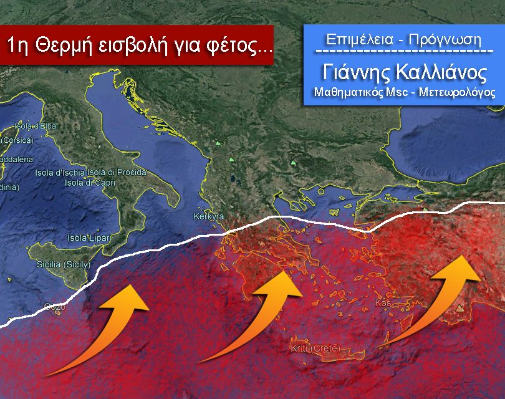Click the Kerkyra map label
point(208,217)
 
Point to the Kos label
point(382,304)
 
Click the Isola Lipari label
point(90,238)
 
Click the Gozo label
point(55,306)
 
